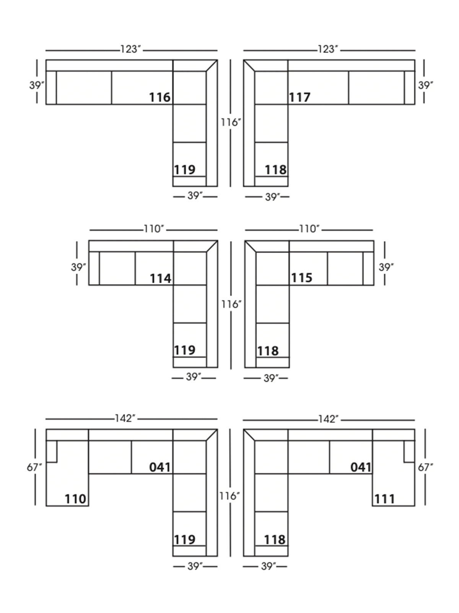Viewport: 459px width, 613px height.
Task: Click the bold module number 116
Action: click(x=160, y=97)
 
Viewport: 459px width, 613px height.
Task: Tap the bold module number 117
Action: click(x=299, y=97)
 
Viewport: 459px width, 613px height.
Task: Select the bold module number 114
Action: click(x=161, y=279)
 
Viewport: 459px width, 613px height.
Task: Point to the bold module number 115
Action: click(x=301, y=278)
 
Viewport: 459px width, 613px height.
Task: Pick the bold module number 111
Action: click(x=384, y=499)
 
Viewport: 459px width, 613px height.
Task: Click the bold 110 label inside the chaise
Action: click(x=75, y=499)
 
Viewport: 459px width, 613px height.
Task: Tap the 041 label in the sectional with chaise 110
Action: click(x=160, y=467)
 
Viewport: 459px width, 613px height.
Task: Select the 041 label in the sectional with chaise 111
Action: click(x=361, y=467)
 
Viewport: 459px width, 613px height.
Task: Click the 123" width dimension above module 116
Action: click(x=131, y=49)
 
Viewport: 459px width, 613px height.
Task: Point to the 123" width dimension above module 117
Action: click(x=328, y=49)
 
